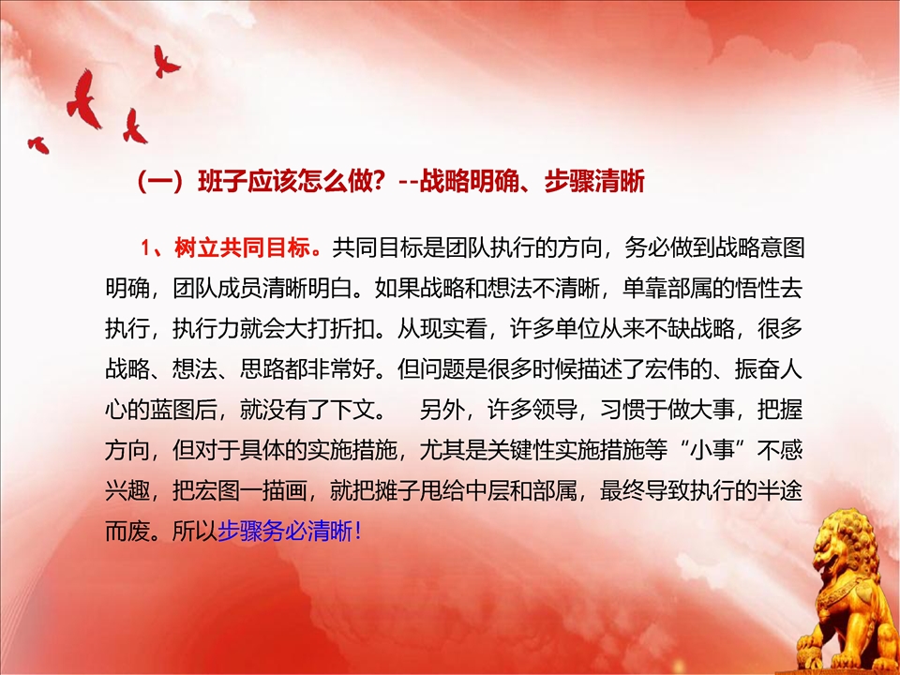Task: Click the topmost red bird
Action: [165, 61]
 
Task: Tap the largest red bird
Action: [83, 99]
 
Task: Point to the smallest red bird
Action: [38, 144]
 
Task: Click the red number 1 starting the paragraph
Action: [146, 248]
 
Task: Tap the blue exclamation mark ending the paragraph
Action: [359, 532]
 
